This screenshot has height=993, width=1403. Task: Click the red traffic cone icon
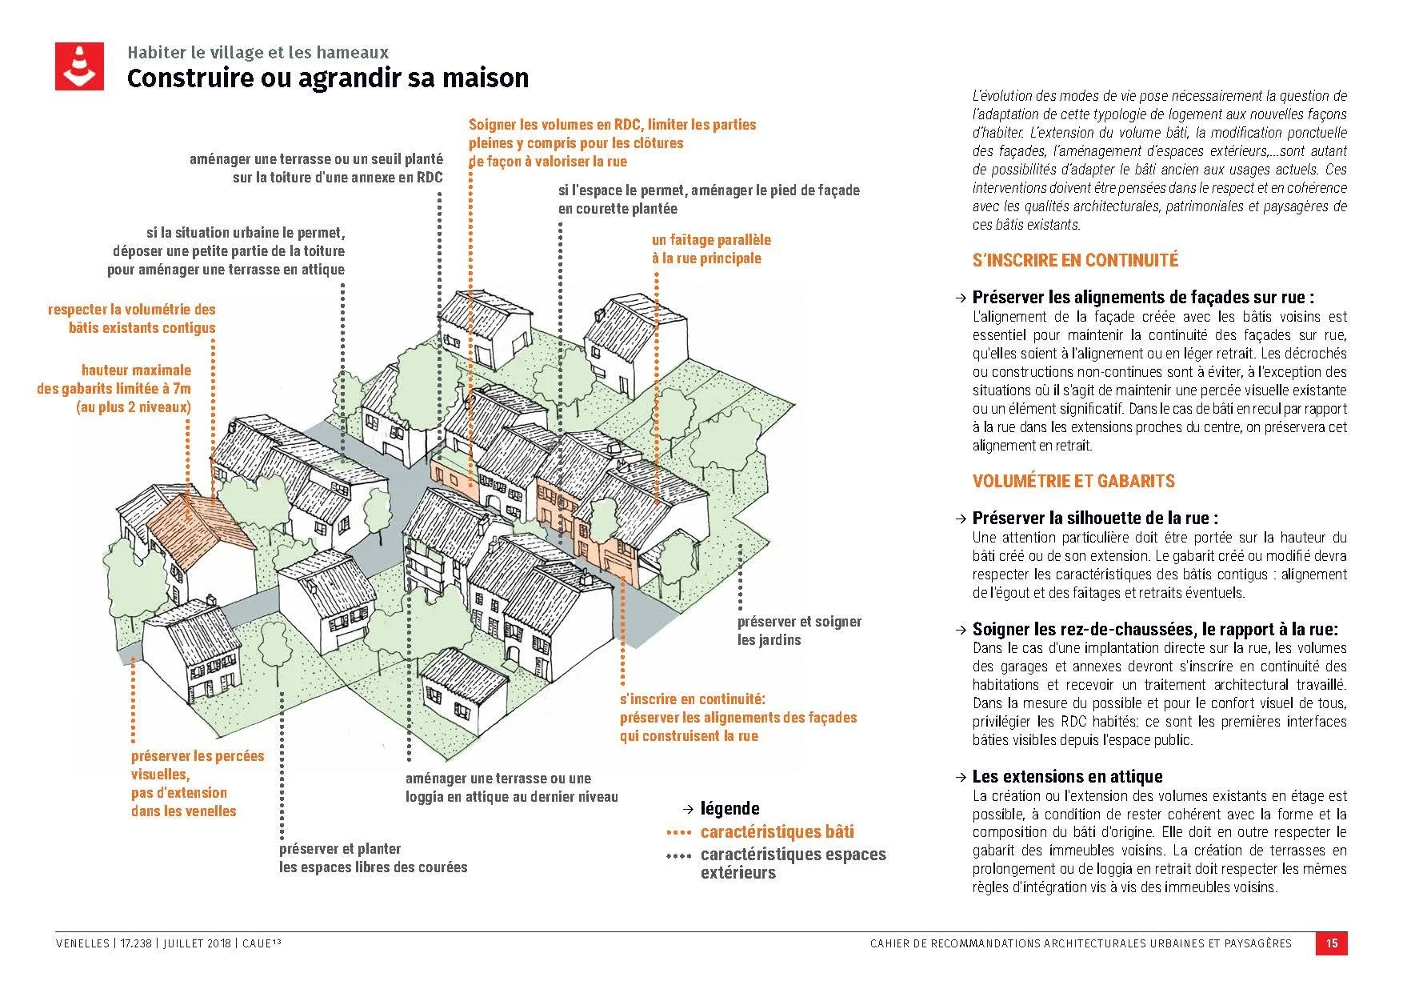click(79, 66)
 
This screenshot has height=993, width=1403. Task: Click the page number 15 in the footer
click(1332, 943)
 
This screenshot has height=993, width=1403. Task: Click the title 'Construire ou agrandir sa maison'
click(328, 78)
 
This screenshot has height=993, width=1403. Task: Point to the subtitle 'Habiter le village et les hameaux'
click(258, 53)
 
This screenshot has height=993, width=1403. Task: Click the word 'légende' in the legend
click(729, 808)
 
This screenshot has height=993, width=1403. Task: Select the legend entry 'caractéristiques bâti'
click(777, 831)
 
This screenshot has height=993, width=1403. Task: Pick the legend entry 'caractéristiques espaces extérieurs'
click(793, 863)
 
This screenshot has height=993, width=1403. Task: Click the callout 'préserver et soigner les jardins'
click(799, 631)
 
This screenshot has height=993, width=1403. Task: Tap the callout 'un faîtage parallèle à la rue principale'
click(711, 249)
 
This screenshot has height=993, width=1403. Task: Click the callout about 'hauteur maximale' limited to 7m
click(114, 388)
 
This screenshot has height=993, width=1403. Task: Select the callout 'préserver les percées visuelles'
click(197, 783)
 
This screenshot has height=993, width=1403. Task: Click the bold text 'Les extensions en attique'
click(1067, 776)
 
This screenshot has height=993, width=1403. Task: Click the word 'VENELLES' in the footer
click(82, 943)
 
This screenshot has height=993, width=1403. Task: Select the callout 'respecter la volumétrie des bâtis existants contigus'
click(132, 318)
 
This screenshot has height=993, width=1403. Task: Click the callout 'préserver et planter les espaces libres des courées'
click(373, 858)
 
